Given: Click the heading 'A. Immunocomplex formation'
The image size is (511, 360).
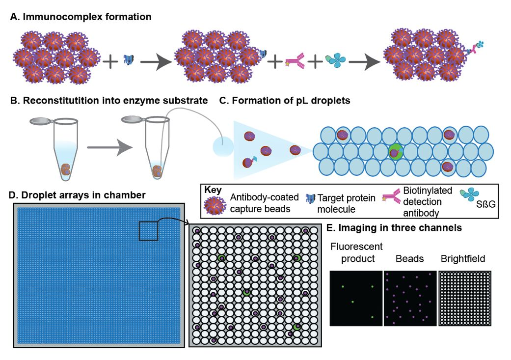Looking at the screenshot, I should point(81,17).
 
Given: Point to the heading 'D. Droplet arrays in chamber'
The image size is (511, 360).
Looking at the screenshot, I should point(78,195).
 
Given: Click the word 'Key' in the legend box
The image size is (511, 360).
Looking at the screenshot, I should point(215,190).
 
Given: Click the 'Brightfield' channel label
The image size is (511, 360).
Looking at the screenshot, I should point(463,258).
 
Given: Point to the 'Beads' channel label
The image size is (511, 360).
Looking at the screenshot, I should point(408,258).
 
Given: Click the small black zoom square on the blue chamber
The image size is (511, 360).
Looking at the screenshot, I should point(148,231).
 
